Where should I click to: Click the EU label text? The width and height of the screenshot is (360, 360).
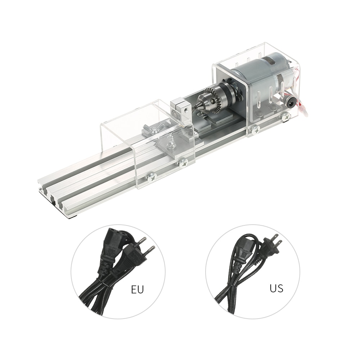coord(137,290)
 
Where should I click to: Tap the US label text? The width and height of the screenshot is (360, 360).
coord(276,288)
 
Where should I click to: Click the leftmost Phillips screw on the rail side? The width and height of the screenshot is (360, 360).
coord(151,177)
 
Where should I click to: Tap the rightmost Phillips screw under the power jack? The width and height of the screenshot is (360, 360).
coord(286,116)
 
